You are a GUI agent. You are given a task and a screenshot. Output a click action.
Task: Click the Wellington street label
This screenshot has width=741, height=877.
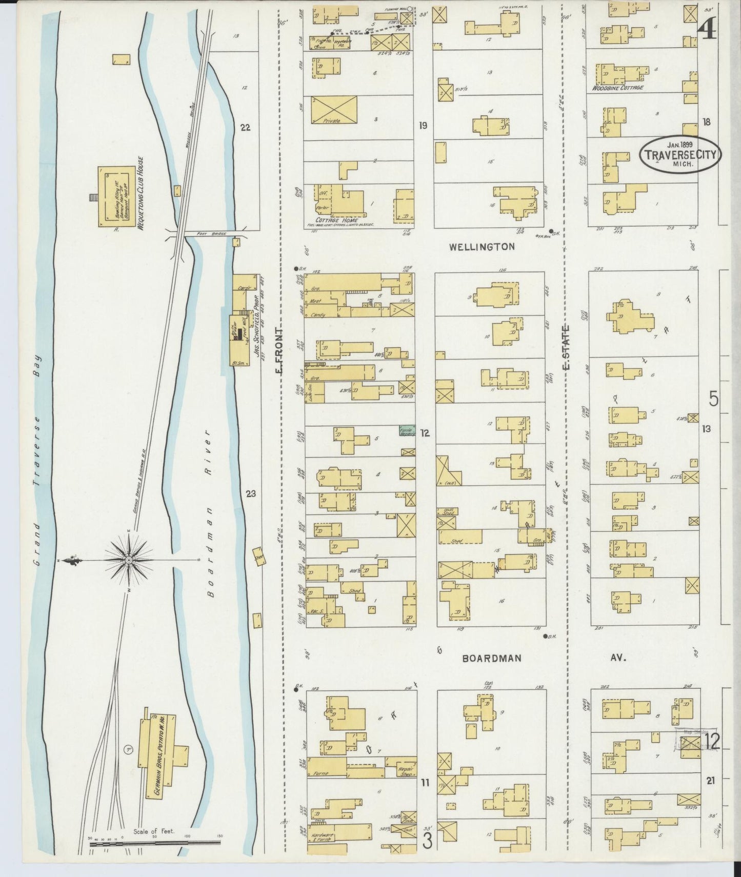(482, 247)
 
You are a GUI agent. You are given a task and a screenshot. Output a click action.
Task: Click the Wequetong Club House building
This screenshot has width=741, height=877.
(116, 196)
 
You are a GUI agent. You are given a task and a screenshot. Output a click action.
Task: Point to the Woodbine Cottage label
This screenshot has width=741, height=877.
(617, 88)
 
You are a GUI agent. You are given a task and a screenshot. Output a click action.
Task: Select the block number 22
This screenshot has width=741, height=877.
(245, 127)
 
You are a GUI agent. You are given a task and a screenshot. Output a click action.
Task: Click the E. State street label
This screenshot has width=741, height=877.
(566, 347)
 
